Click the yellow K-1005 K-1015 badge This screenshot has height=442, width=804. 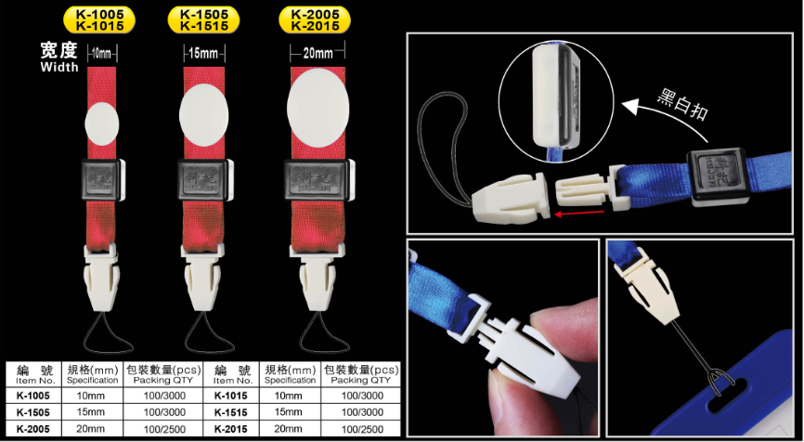(99, 20)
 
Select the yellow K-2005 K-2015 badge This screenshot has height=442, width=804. (315, 20)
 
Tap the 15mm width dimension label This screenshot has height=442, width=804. (203, 53)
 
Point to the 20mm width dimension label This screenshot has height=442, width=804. (318, 52)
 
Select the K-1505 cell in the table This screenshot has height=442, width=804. (33, 411)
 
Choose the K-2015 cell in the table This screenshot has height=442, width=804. (231, 429)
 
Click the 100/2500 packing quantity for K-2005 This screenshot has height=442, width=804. (164, 429)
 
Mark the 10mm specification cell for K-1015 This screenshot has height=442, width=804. (291, 396)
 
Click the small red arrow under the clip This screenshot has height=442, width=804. (580, 214)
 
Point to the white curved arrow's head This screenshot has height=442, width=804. (630, 106)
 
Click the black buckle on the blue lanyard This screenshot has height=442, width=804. (717, 175)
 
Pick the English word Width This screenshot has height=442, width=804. (59, 67)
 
